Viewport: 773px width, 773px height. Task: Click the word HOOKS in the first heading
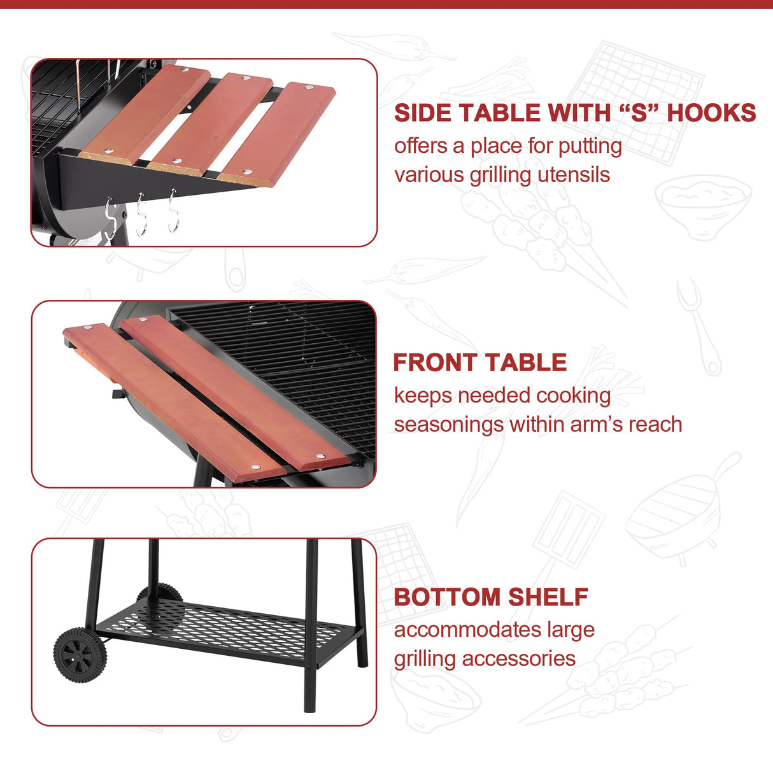click(711, 113)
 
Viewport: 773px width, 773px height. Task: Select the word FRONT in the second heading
click(439, 363)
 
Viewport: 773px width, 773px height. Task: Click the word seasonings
click(448, 425)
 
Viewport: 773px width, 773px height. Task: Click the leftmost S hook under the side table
click(110, 218)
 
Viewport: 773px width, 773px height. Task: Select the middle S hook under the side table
click(141, 215)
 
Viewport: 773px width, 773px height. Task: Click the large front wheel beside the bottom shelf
click(80, 655)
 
